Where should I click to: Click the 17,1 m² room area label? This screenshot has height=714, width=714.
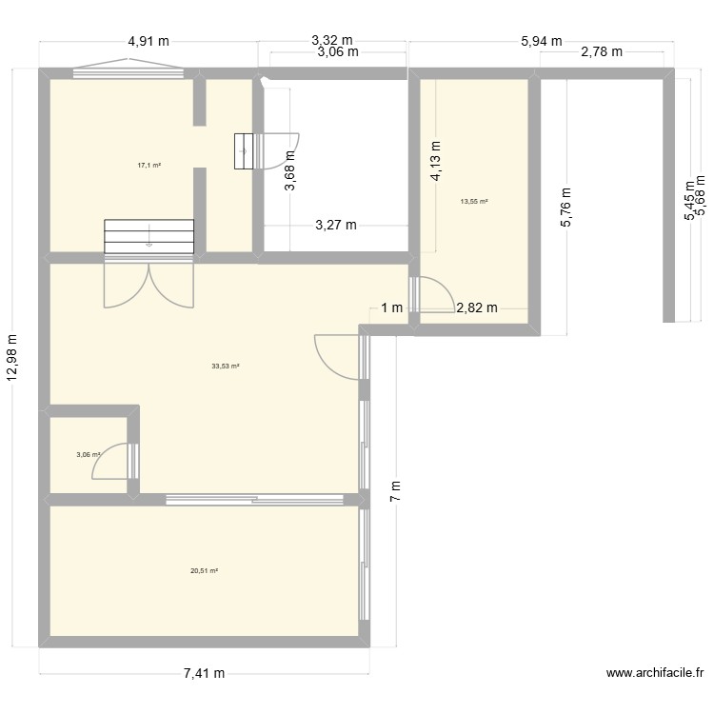click(x=149, y=165)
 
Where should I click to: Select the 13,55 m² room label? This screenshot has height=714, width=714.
click(x=473, y=202)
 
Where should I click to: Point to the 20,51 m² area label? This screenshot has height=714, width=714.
click(x=204, y=571)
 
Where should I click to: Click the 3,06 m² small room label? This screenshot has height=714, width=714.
click(x=89, y=455)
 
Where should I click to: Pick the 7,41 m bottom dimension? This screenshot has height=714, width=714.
click(x=204, y=673)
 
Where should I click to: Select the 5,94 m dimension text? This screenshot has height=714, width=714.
click(x=541, y=41)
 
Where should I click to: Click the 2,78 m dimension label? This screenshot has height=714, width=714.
click(x=601, y=52)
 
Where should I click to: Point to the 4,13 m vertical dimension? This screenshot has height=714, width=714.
click(x=435, y=161)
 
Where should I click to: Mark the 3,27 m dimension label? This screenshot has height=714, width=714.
click(x=336, y=226)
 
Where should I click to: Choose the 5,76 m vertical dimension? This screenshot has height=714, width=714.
click(x=566, y=206)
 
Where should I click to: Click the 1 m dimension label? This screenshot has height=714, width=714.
click(x=390, y=307)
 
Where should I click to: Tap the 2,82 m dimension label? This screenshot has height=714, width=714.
click(x=477, y=307)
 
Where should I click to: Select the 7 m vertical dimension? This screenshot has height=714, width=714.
click(x=396, y=491)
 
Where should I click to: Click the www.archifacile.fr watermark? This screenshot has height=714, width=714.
click(x=654, y=673)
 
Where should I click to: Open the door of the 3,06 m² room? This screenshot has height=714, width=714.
click(x=112, y=463)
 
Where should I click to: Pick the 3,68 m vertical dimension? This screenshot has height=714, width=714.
click(x=290, y=174)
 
